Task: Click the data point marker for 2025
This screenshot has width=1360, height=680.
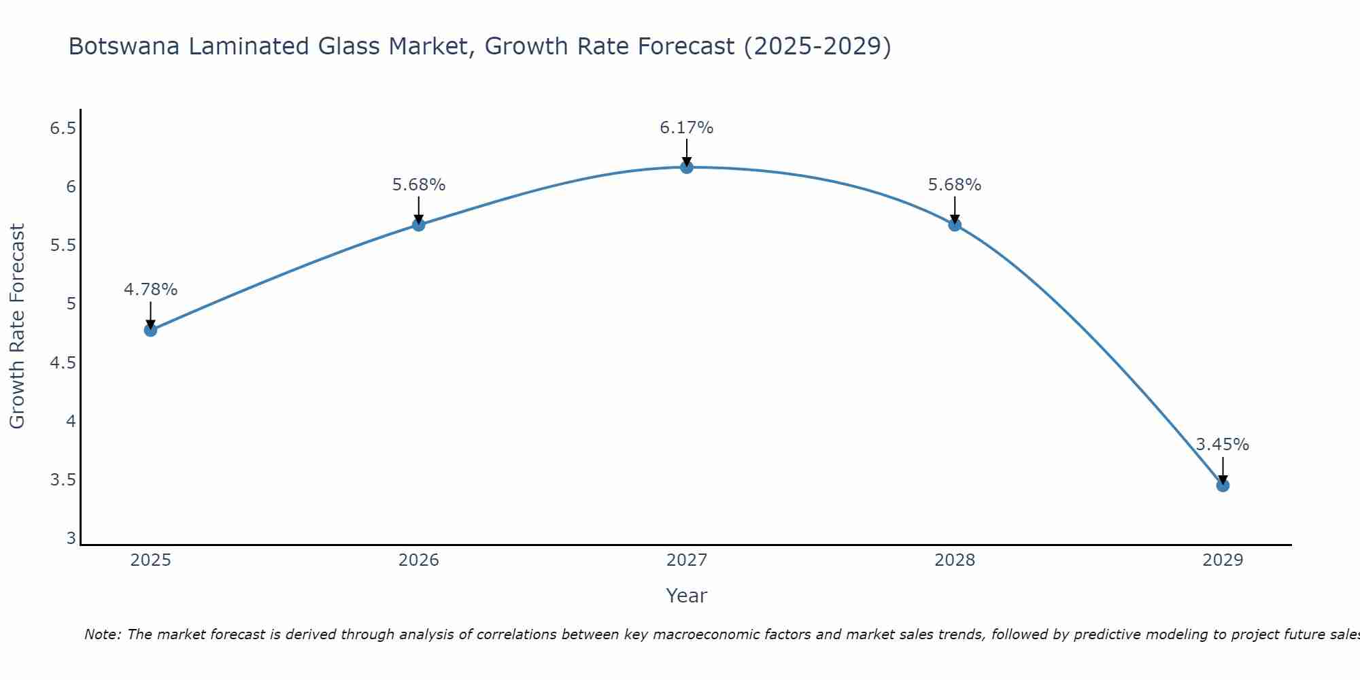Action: [x=150, y=330]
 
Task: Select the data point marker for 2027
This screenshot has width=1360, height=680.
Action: [x=687, y=167]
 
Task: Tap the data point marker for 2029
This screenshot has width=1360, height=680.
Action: [x=1223, y=486]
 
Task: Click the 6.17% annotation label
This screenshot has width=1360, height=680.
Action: [x=687, y=128]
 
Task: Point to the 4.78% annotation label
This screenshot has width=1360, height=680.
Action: [x=150, y=290]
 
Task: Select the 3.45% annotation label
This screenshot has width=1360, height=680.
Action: [x=1223, y=445]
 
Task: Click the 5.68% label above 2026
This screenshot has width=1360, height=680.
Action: [x=418, y=185]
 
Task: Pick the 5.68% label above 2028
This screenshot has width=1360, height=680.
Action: [x=955, y=185]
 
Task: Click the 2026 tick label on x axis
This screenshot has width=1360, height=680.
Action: [x=418, y=560]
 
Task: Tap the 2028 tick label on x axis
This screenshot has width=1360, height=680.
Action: [x=955, y=560]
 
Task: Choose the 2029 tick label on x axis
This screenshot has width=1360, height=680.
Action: [x=1223, y=560]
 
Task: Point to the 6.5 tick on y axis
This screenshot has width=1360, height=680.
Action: [x=63, y=128]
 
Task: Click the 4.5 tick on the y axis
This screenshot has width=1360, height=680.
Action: [x=63, y=363]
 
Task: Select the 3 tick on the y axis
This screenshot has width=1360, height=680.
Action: [x=71, y=539]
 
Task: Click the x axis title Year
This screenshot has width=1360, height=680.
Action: [x=687, y=596]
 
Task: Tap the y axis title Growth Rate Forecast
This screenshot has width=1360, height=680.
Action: [x=17, y=326]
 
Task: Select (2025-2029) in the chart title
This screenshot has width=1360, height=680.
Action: [x=817, y=46]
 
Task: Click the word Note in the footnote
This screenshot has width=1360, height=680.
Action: [x=102, y=634]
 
